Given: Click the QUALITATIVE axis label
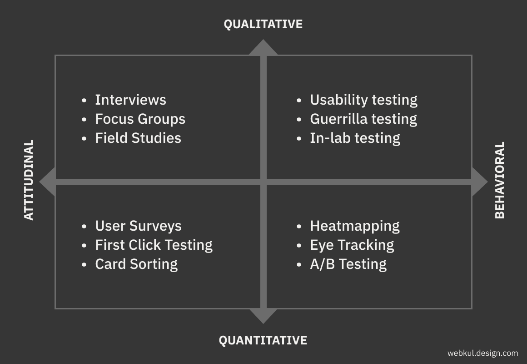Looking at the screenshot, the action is [263, 24].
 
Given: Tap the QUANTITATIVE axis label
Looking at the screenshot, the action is [263, 340].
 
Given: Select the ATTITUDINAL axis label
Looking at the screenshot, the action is [29, 180].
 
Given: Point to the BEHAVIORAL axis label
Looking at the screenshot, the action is [500, 180].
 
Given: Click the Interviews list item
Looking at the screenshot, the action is [130, 100].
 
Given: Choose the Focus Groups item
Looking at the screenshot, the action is [140, 119].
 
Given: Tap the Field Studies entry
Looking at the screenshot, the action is [138, 138].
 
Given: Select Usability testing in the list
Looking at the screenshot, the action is [363, 100].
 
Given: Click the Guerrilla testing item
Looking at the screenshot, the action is [363, 119].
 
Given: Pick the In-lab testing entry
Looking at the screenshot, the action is [355, 138].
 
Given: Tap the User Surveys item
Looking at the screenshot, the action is [138, 226].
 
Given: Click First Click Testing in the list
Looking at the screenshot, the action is [154, 245].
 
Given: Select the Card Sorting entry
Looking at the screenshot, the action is [136, 264].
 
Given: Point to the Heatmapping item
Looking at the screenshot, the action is [355, 226].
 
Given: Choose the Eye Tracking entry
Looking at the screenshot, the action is [352, 245].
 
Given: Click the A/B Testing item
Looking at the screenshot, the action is [348, 264].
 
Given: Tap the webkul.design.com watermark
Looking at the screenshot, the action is [482, 353].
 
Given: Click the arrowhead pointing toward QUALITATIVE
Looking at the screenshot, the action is [263, 47].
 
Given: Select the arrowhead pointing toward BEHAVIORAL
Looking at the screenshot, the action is [480, 182].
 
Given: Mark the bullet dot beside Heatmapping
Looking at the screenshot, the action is [299, 226].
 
